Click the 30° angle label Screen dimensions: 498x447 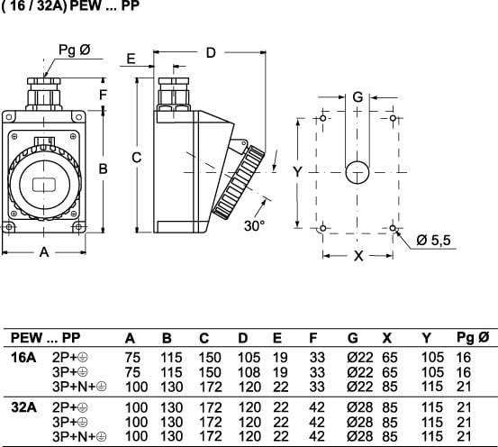pos(254,225)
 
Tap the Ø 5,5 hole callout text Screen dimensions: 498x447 pos(433,241)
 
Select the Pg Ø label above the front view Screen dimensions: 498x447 pos(75,50)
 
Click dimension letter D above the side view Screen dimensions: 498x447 pos(211,53)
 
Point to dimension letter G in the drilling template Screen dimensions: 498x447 pos(358,97)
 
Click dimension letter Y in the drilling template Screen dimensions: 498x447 pos(297,172)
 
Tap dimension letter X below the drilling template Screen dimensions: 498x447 pos(358,256)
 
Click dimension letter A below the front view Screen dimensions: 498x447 pos(44,252)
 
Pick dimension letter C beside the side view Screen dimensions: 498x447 pos(137,158)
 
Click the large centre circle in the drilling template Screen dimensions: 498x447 pos(358,173)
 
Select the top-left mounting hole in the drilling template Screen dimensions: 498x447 pos(322,119)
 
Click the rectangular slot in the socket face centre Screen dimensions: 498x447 pos(44,185)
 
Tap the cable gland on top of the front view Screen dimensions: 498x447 pos(43,94)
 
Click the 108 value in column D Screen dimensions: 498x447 pos(249,372)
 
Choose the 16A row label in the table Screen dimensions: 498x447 pos(23,358)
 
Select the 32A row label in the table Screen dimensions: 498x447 pos(23,407)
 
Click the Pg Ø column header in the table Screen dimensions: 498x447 pos(473,338)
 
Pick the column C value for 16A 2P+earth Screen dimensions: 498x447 pos(210,358)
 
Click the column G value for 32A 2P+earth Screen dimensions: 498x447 pos(360,407)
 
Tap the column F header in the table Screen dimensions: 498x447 pos(313,338)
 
